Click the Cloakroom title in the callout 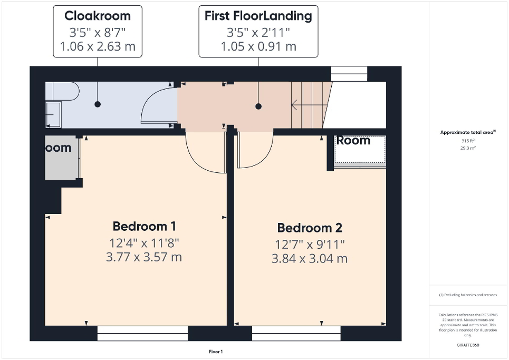[98, 15]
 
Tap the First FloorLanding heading [258, 15]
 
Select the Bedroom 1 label [144, 226]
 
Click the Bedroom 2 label [310, 228]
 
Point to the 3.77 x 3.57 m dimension [144, 257]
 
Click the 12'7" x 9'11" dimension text [310, 244]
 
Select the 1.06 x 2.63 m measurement [98, 46]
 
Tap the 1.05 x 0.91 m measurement [258, 46]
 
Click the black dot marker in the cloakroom [98, 104]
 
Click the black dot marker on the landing [258, 106]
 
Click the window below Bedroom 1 [142, 333]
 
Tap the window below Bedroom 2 [296, 333]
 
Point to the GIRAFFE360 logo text [468, 345]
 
